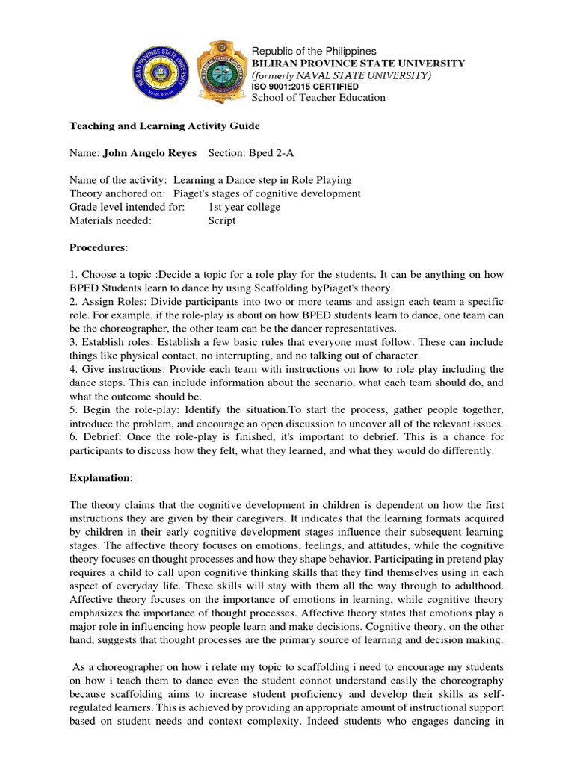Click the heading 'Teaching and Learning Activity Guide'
(x=164, y=126)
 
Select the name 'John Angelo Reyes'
(x=149, y=152)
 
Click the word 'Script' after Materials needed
(x=222, y=220)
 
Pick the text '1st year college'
(x=244, y=207)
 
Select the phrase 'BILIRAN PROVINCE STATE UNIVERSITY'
(x=358, y=64)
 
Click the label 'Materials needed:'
(x=111, y=220)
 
